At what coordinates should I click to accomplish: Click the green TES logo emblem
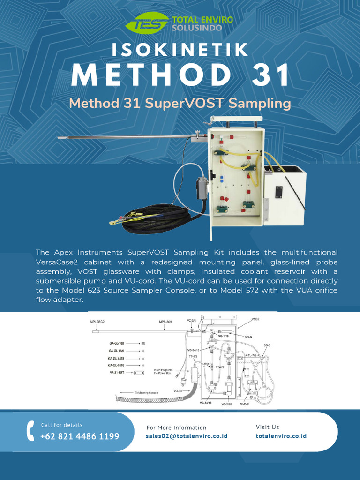pos(150,22)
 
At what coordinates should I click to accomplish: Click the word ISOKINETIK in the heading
pos(180,49)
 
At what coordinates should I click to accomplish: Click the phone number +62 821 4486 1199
pos(80,436)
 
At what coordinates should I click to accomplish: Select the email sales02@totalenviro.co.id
pos(187,436)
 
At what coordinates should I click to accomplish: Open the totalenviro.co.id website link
pos(281,436)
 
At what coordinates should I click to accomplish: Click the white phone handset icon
pos(31,430)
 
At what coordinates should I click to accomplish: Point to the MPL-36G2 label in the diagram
pos(97,322)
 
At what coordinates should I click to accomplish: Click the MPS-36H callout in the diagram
pos(166,322)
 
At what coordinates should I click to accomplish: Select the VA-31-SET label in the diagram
pos(117,373)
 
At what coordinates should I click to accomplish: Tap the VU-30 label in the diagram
pos(178,390)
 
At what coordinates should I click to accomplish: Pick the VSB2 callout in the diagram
pos(255,319)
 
